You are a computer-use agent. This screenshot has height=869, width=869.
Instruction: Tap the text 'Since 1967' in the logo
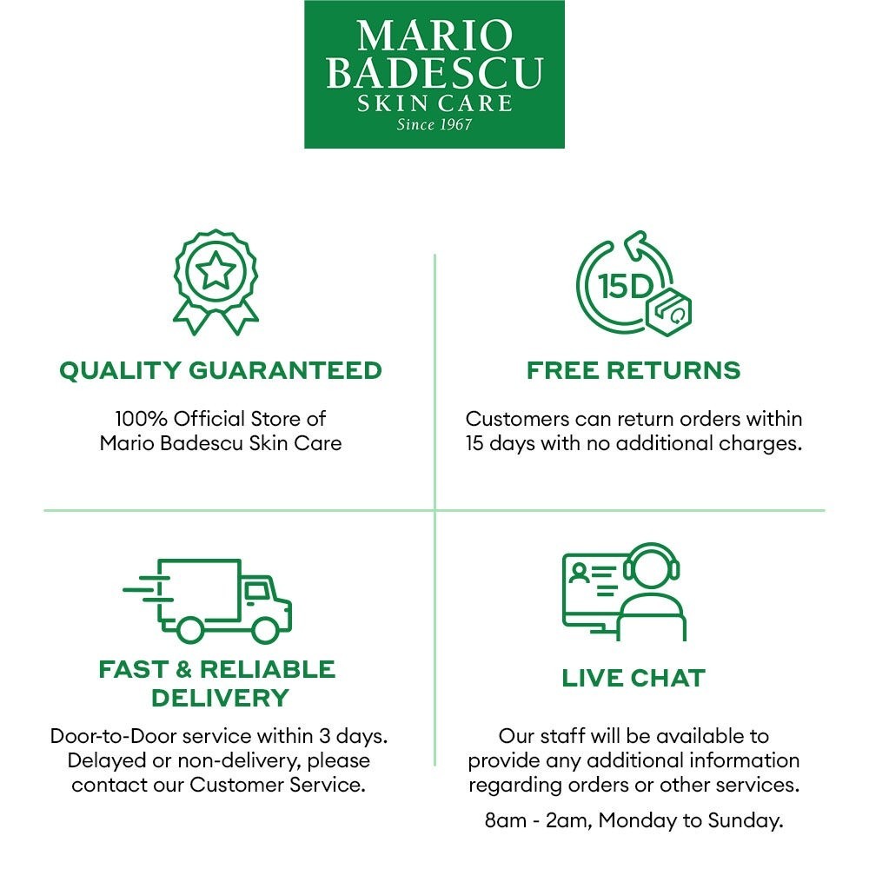point(434,124)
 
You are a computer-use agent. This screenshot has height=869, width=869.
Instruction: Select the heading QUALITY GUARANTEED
point(220,370)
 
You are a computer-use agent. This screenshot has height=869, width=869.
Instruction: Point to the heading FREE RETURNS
point(634,370)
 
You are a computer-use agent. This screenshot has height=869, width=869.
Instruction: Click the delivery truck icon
point(209,600)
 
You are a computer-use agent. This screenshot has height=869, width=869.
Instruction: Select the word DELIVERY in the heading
point(220,697)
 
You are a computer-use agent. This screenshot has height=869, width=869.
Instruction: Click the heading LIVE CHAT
point(634,678)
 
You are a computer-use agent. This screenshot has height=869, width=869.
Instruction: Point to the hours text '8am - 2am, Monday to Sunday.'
point(634,819)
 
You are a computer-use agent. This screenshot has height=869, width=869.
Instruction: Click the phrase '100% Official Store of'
point(220,418)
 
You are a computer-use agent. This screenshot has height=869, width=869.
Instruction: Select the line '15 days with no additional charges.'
point(634,442)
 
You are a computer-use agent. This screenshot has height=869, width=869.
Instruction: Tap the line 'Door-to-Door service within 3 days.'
point(219,736)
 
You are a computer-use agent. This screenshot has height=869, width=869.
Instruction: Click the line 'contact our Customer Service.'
point(219,785)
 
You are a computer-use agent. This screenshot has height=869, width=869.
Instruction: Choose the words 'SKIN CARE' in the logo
point(434,103)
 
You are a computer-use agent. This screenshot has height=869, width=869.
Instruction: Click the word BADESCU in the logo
point(434,73)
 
